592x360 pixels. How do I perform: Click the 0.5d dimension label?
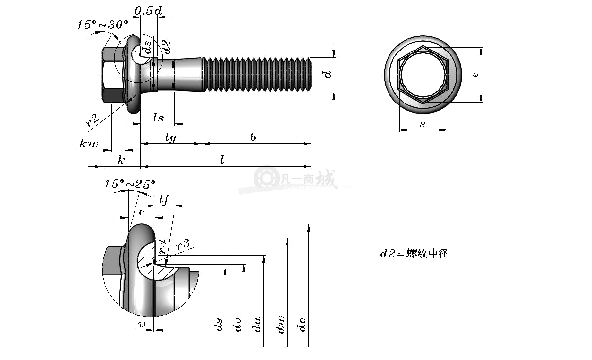pos(148,11)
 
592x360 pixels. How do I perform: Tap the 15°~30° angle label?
pos(102,25)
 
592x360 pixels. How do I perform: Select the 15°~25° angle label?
pos(130,184)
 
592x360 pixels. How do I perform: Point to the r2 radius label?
pos(92,120)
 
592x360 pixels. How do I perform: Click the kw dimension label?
pos(88,143)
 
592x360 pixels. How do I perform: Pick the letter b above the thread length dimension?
pos(253,137)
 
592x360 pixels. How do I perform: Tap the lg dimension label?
pos(170,137)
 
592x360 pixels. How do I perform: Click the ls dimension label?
pos(159,118)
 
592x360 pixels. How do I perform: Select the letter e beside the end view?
pos(475,75)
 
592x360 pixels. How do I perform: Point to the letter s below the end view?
pos(423,124)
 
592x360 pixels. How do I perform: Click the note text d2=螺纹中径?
pos(414,254)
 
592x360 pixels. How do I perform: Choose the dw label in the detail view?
pos(280,325)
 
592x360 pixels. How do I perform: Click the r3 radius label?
pos(183,244)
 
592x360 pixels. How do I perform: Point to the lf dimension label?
pos(164,199)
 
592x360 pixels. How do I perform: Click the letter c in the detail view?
pos(142,212)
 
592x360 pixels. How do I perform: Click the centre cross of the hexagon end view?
pos(423,75)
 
